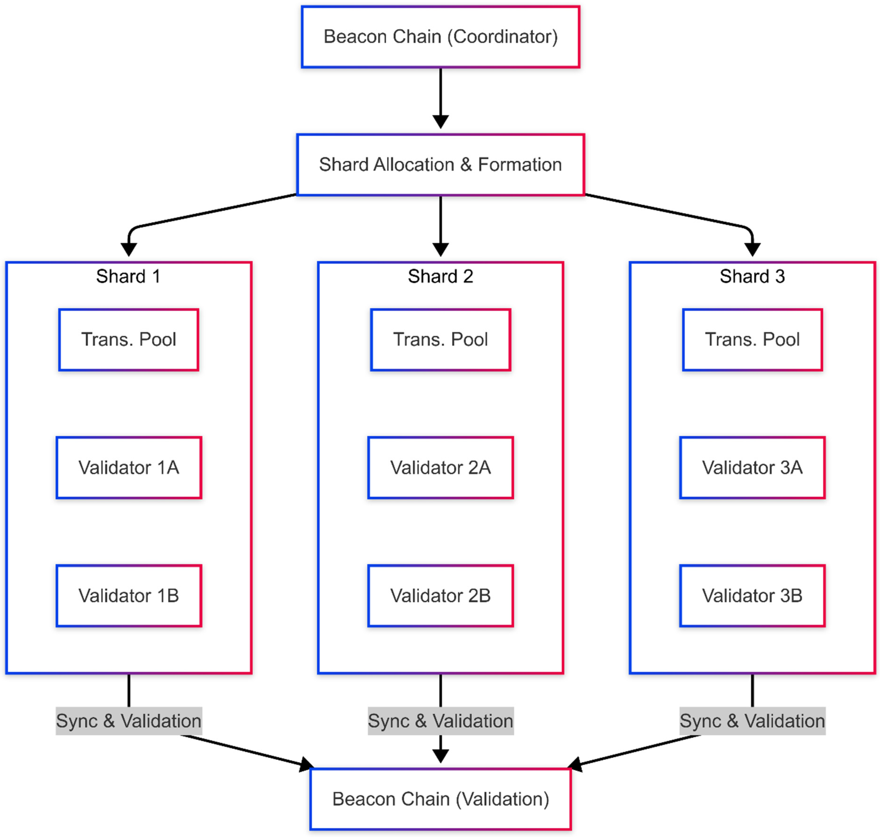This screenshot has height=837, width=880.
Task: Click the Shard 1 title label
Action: click(x=128, y=276)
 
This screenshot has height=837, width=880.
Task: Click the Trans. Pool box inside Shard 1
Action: click(x=129, y=340)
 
